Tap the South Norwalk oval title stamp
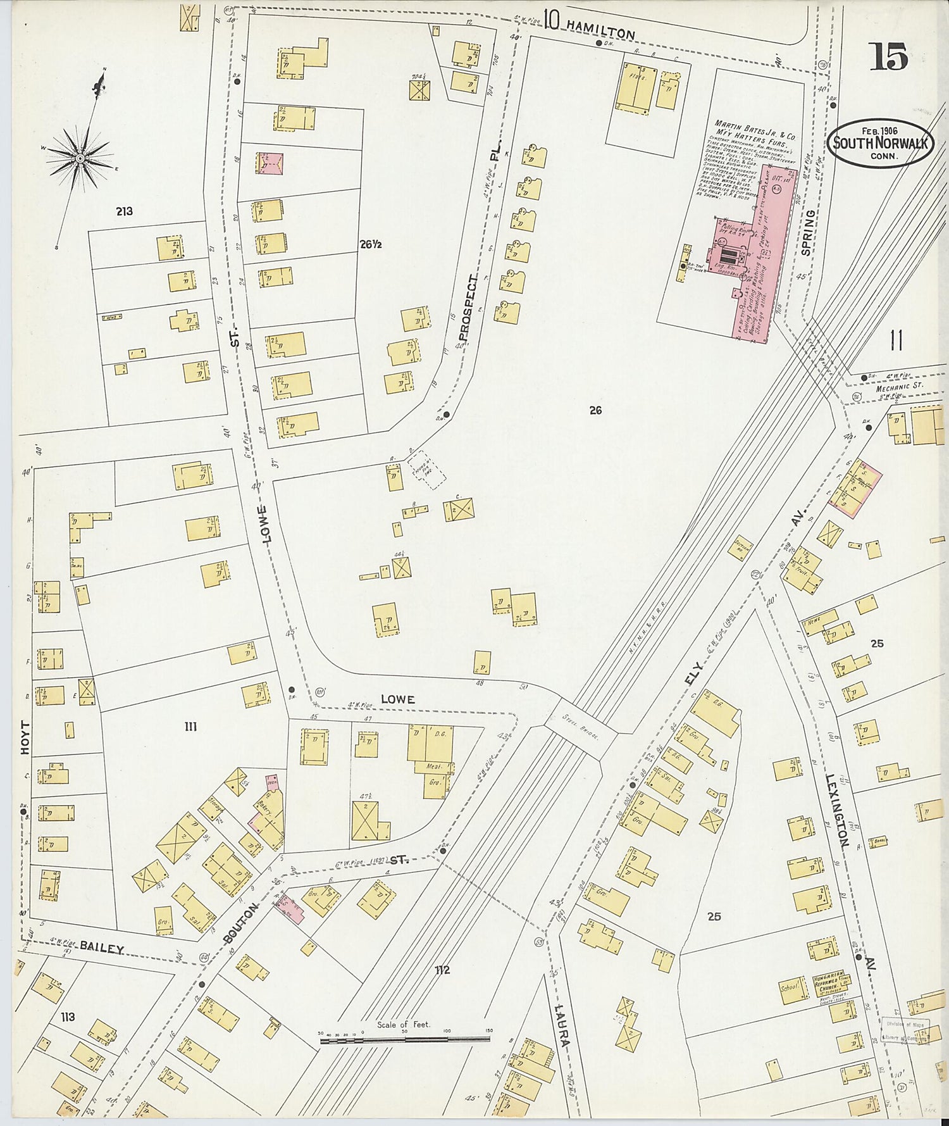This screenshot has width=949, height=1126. tap(879, 143)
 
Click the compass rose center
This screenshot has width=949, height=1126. tap(80, 158)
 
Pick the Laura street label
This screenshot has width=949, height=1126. tap(561, 1028)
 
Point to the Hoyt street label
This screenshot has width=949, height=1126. tap(24, 737)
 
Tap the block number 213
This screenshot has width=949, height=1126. tap(124, 211)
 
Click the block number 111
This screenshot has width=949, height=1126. tap(190, 727)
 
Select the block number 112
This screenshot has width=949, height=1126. tap(442, 970)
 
